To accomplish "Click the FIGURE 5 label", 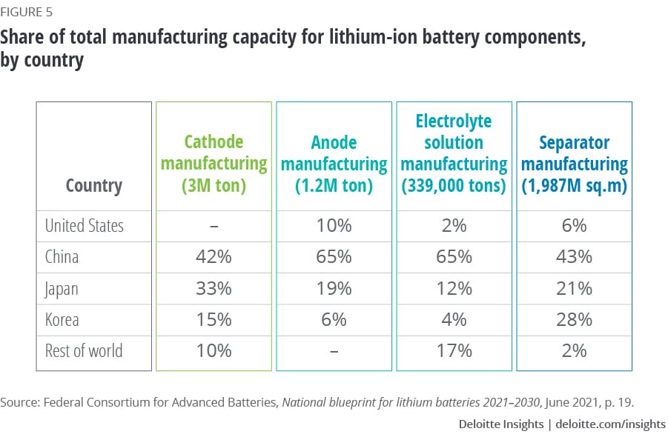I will point(27,12).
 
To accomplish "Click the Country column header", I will point(94,185).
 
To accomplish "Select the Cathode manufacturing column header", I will point(214,164).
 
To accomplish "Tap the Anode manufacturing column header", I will point(334,164).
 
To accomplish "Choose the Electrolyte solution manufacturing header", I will point(454,153).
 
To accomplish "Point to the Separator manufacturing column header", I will point(574,164).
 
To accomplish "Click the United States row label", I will point(85,225).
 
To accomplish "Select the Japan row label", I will point(62,288).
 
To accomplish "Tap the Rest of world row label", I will point(83,350).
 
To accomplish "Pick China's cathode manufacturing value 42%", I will point(214,257).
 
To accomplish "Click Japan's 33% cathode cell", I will point(214,288).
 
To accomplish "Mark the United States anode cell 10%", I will point(334,225).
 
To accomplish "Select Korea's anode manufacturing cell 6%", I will point(334,319).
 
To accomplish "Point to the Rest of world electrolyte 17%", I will point(454,350).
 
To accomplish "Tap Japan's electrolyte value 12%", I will point(454,288).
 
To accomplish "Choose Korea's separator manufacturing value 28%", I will point(574,319).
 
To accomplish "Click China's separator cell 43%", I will point(574,257).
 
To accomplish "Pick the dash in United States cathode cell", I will point(214,226).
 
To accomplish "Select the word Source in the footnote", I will point(19,402).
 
